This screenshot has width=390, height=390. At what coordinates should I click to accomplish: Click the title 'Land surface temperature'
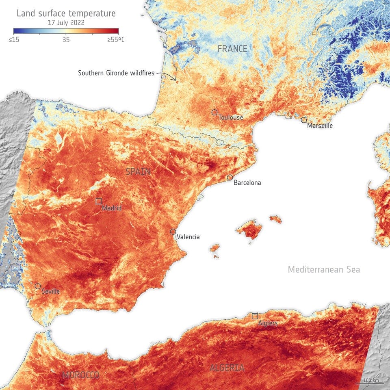[66, 13]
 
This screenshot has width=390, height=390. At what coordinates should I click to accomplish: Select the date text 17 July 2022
[66, 23]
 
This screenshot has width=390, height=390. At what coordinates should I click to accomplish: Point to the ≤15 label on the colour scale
[17, 40]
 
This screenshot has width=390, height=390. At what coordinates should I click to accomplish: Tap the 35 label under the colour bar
[66, 40]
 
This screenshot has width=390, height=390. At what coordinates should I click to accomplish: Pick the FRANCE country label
[232, 49]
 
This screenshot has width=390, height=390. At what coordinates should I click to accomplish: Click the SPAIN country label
[138, 172]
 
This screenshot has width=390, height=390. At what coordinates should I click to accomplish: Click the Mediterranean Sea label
[324, 269]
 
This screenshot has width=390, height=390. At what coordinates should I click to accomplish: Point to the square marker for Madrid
[98, 201]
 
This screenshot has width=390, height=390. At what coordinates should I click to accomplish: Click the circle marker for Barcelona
[230, 178]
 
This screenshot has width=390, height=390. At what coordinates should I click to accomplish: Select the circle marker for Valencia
[173, 232]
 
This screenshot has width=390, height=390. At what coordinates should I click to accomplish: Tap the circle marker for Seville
[38, 286]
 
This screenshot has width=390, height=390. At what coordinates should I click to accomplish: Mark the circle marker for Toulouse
[214, 112]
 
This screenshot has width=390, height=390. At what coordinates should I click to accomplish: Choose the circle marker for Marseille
[304, 120]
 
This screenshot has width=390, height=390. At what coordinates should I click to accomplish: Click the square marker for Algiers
[255, 316]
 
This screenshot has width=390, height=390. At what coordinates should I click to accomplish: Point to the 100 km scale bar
[371, 383]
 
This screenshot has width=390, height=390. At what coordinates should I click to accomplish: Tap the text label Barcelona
[247, 183]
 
